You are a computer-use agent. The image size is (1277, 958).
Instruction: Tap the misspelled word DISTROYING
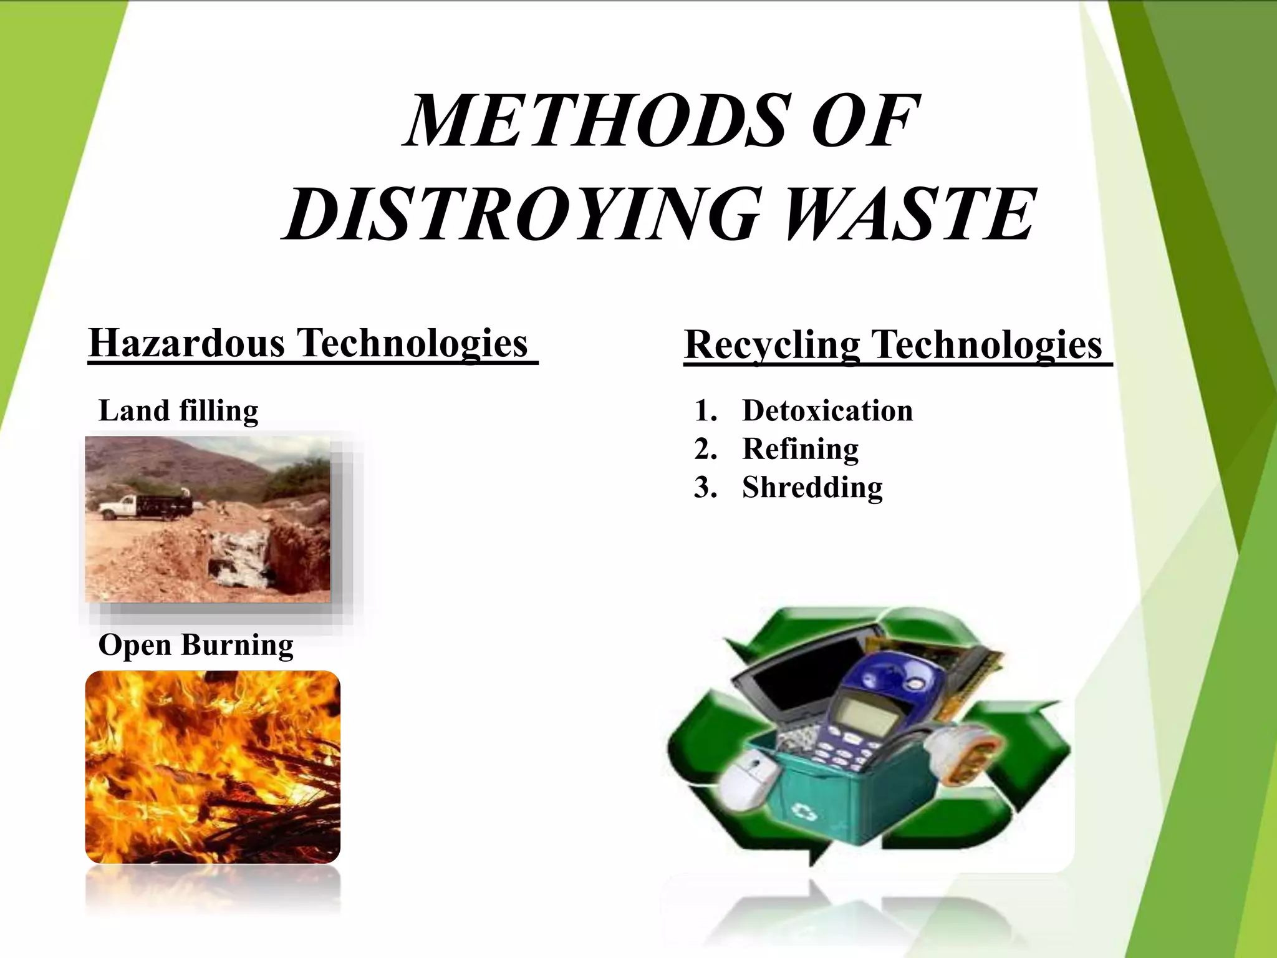521,214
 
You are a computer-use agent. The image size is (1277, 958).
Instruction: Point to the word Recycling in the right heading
772,345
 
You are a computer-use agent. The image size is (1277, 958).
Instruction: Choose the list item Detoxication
827,410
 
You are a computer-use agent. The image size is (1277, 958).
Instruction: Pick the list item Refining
800,449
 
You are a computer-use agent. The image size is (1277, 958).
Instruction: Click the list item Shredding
812,487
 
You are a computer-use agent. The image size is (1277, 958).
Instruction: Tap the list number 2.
705,449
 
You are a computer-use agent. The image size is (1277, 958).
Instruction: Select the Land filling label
178,410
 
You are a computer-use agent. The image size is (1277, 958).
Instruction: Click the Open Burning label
196,645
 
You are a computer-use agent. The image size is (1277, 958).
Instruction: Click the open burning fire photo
212,767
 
